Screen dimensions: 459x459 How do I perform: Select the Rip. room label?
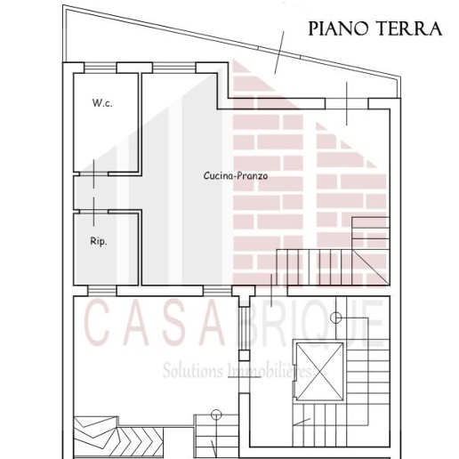(99, 241)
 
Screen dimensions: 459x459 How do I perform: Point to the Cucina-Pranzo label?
(236, 176)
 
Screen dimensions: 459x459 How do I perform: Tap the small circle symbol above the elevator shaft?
(336, 318)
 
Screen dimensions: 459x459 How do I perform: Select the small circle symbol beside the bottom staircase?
(216, 414)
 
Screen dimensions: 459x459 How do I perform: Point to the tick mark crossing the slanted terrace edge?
(279, 51)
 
